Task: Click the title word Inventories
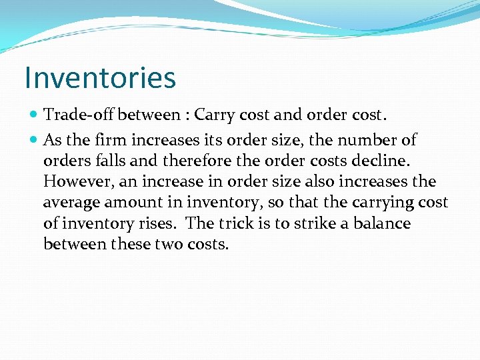click(x=100, y=77)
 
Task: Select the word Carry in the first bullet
click(x=215, y=115)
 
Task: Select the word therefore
click(x=199, y=161)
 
